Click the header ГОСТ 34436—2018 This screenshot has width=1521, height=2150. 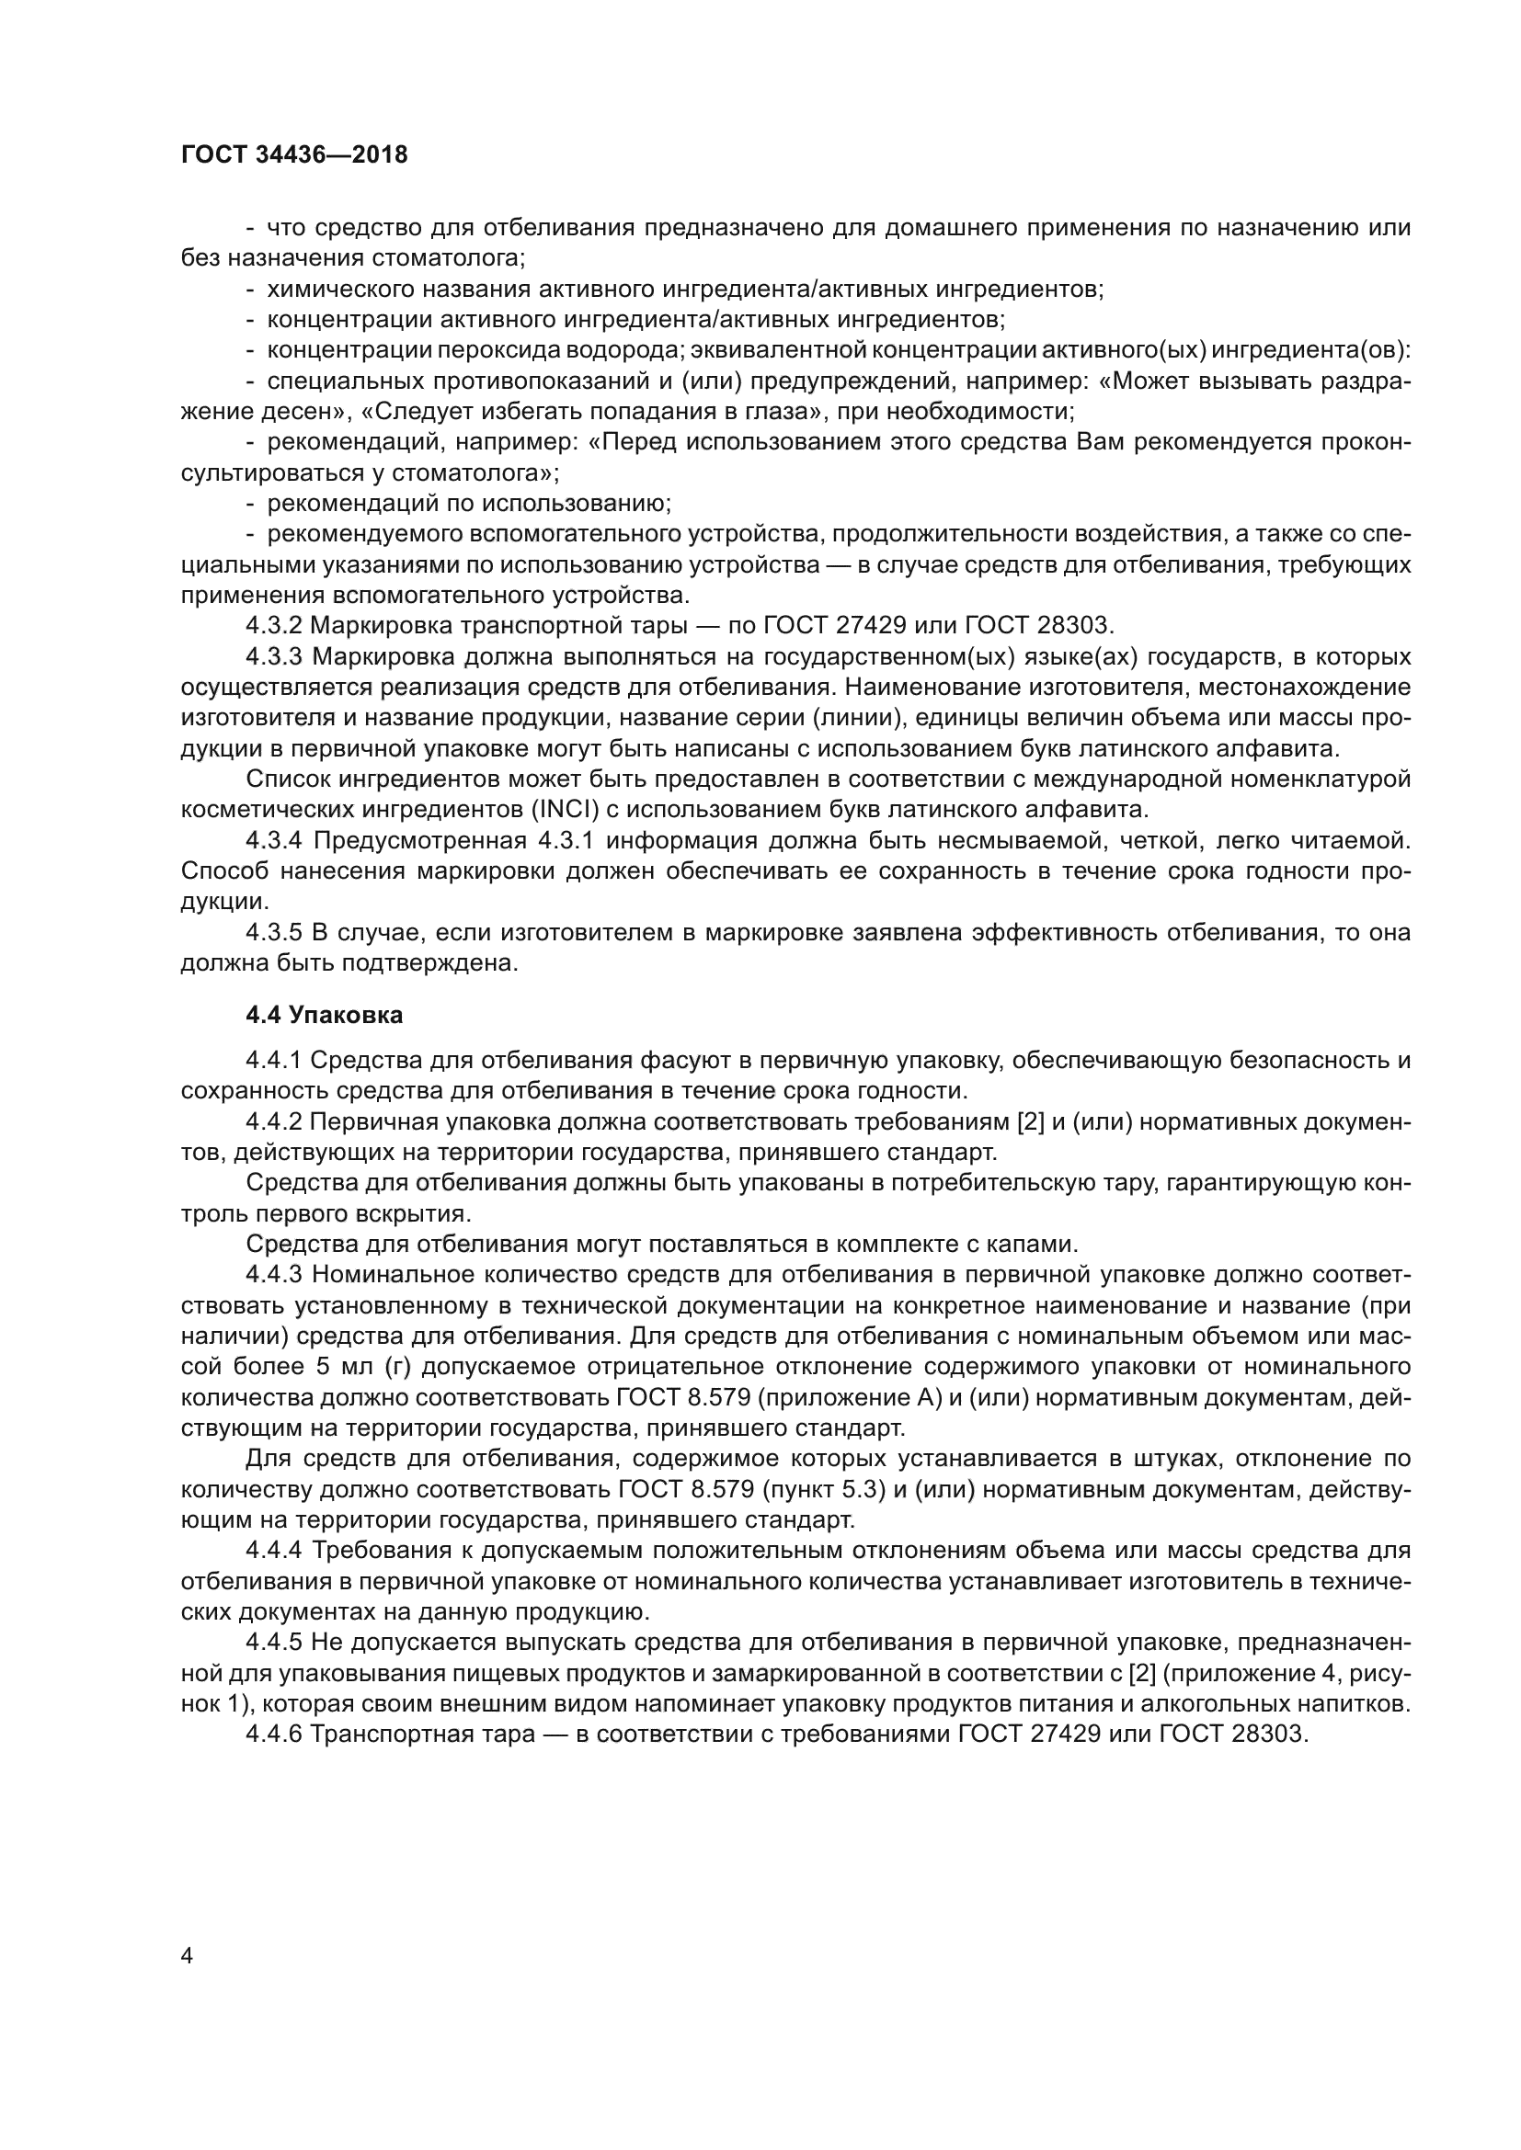(294, 155)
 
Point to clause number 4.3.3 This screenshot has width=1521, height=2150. (274, 656)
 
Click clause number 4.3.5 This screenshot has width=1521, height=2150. (274, 933)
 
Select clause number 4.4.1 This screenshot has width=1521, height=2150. (273, 1060)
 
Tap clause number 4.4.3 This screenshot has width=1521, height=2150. (274, 1274)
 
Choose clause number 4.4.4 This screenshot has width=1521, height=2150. (274, 1551)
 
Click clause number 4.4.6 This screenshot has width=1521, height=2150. (274, 1735)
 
